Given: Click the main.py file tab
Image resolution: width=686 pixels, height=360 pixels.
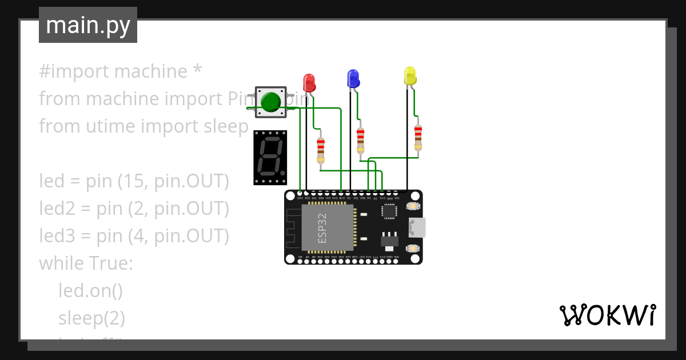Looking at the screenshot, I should [x=88, y=25].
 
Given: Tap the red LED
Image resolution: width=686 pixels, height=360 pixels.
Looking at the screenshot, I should [x=309, y=82].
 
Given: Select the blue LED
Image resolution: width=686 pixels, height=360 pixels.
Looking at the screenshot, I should [x=353, y=78].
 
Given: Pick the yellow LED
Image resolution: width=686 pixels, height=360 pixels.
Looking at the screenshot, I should [x=410, y=77].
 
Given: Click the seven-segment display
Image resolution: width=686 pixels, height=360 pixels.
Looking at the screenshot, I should [x=270, y=157].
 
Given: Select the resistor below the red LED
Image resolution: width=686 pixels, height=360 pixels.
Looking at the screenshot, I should [x=321, y=150].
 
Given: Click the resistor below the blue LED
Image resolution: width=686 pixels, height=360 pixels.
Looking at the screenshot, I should [x=360, y=140].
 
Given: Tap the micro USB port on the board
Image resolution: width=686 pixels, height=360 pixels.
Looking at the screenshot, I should [x=416, y=227].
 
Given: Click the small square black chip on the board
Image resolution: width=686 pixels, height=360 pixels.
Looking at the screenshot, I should [x=389, y=211].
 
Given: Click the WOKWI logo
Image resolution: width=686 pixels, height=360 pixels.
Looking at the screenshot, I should [x=607, y=315].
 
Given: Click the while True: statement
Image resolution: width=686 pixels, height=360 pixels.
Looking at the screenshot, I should [x=86, y=263].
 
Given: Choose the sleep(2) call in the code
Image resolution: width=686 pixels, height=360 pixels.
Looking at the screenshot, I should [x=91, y=318].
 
